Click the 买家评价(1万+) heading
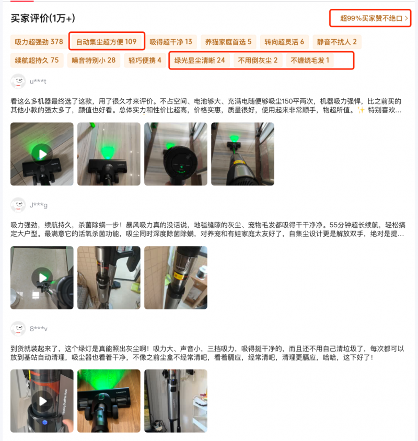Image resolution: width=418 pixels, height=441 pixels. pos(43,18)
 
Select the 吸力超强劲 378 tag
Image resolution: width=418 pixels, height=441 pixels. pos(39,42)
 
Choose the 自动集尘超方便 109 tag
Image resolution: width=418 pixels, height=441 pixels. pos(106,42)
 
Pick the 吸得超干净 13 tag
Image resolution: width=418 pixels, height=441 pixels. pos(171,42)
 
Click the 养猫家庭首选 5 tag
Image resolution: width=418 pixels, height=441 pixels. pos(228,42)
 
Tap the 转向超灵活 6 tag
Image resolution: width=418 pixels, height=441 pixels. pos(284,42)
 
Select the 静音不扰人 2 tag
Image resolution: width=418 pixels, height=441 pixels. pos(336,42)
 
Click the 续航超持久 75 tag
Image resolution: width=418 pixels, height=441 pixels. pos(37,60)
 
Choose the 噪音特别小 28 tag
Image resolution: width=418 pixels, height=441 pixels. pos(94,60)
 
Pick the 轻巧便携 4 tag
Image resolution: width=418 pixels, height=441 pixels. pos(145,60)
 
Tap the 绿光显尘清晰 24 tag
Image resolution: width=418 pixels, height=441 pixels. pos(200,60)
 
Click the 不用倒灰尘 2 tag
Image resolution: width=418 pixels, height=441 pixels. pos(258,60)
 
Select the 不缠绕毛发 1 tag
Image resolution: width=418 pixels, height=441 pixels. pos(310,60)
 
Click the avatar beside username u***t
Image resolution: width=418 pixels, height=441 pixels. pos(18,82)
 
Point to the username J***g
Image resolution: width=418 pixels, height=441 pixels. pos(39,205)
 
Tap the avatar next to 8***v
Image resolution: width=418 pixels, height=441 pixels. pos(18,329)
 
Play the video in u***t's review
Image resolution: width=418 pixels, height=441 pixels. pos(42,154)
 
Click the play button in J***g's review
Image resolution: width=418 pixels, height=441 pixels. pos(42,278)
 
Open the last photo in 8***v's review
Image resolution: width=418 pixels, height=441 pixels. pos(176,401)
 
